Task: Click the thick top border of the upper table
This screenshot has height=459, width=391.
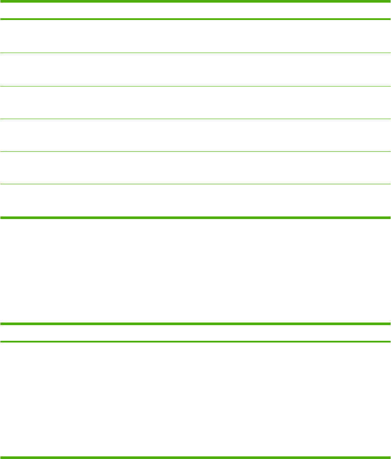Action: tap(195, 1)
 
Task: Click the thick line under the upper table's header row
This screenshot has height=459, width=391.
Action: tap(195, 19)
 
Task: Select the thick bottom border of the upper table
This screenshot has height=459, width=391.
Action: tap(195, 217)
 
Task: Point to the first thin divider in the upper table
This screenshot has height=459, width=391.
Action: tap(195, 53)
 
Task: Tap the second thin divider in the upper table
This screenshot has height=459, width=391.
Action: tap(195, 86)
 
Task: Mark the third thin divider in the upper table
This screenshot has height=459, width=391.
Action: tap(195, 119)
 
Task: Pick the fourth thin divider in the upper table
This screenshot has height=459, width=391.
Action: tap(195, 152)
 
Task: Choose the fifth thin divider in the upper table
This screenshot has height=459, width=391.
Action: tap(195, 184)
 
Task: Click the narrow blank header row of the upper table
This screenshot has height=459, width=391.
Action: tap(195, 10)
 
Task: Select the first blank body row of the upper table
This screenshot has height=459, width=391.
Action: tap(195, 36)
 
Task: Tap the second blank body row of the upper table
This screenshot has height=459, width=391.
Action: tap(195, 70)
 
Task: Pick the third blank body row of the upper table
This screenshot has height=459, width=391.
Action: tap(195, 103)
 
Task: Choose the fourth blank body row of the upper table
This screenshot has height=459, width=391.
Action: tap(195, 135)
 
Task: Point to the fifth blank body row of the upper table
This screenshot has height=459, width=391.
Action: tap(195, 168)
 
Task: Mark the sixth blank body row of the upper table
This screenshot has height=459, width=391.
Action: tap(195, 201)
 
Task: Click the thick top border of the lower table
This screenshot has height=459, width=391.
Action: tap(195, 324)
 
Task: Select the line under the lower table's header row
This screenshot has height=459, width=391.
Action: tap(195, 342)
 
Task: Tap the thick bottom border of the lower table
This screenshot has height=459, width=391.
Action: tap(195, 457)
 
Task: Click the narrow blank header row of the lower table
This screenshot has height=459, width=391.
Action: tap(195, 333)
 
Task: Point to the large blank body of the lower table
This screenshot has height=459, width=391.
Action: tap(195, 399)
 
